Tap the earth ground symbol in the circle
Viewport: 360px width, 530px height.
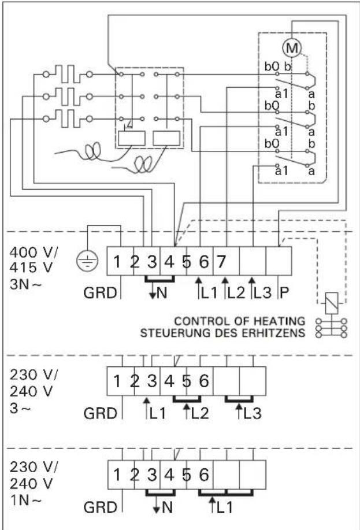click(86, 262)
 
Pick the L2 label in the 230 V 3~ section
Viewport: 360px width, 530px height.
click(196, 413)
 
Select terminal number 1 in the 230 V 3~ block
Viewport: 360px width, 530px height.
click(117, 381)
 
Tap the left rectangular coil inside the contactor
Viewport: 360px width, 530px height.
click(129, 138)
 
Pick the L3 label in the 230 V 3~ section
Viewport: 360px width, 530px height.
click(248, 413)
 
